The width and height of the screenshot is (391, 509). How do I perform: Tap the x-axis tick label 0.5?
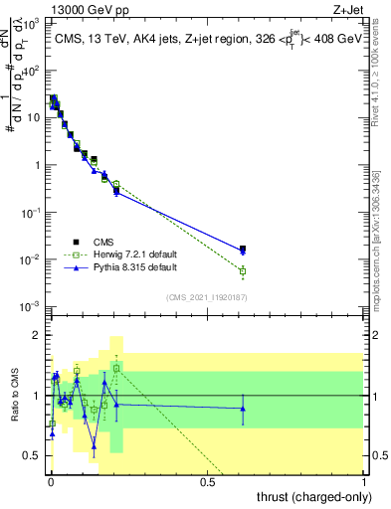click(208, 483)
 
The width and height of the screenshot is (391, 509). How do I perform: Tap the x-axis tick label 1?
click(365, 483)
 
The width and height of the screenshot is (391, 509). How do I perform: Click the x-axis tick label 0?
click(51, 483)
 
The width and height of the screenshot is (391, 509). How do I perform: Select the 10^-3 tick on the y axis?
click(33, 306)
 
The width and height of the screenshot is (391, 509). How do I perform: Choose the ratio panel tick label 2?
click(38, 335)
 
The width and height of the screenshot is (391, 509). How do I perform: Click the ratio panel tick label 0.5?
click(34, 455)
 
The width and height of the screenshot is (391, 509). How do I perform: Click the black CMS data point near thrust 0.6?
click(243, 249)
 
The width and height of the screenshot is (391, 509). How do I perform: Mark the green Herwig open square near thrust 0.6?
click(243, 270)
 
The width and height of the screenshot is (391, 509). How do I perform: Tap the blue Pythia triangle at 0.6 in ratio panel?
click(243, 409)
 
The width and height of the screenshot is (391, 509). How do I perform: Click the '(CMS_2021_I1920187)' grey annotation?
click(208, 296)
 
